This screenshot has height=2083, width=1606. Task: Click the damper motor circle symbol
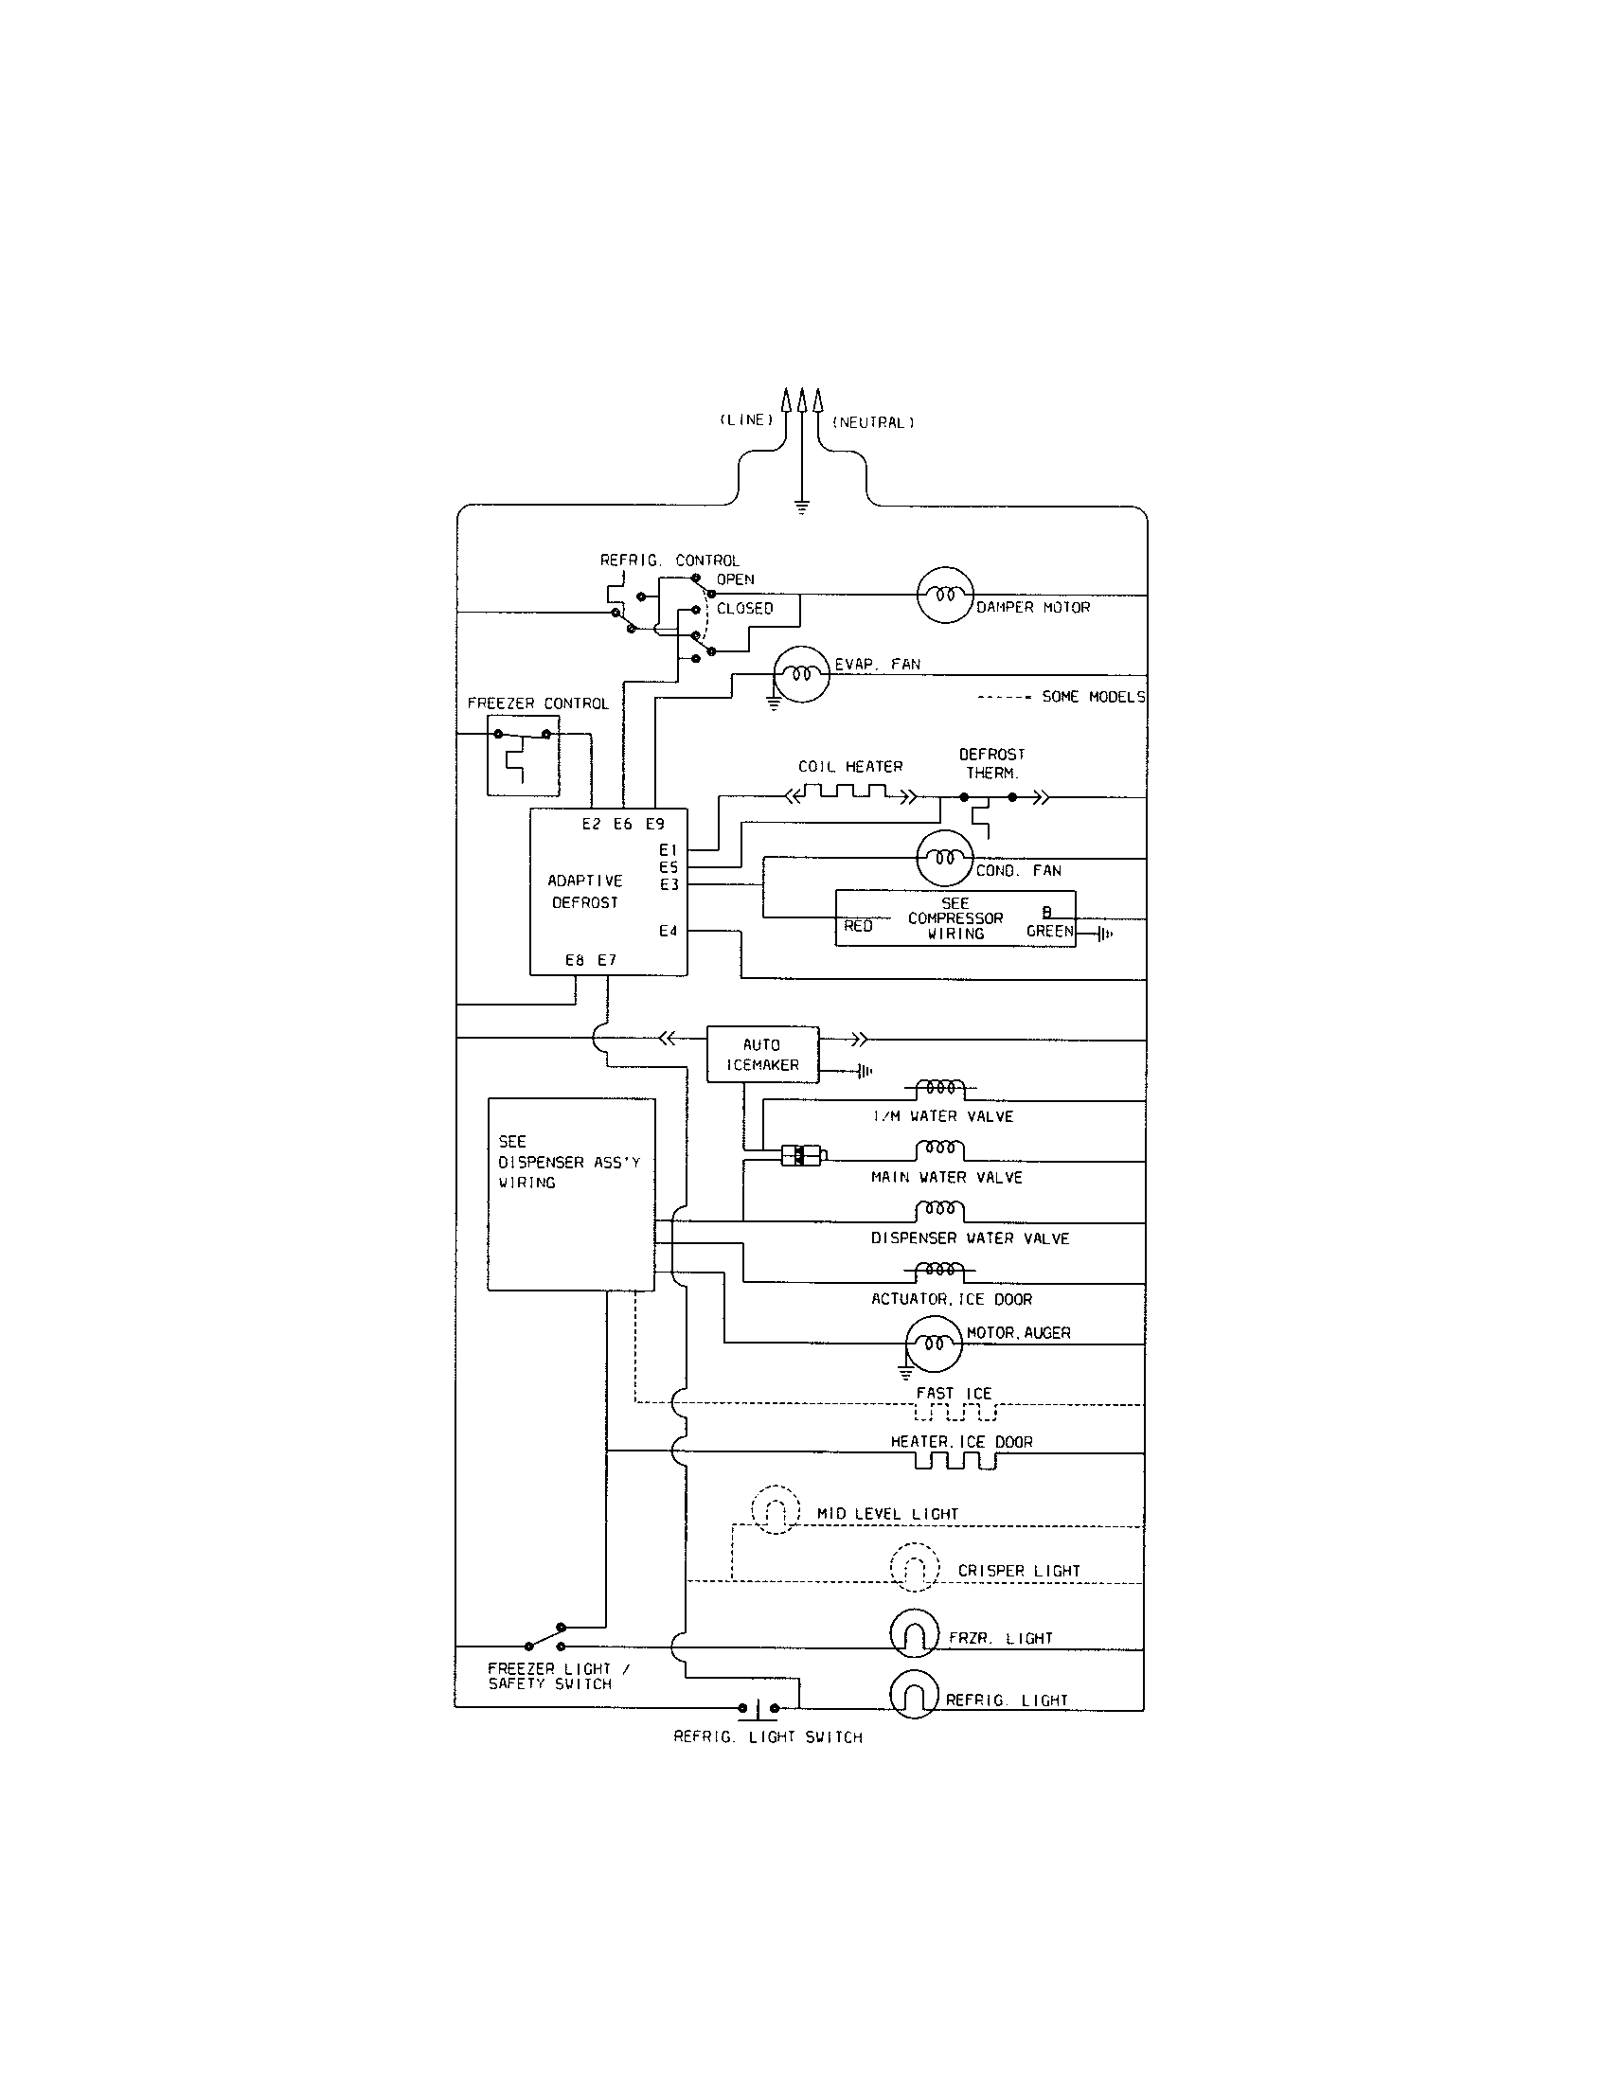click(945, 596)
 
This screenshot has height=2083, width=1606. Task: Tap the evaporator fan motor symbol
click(801, 674)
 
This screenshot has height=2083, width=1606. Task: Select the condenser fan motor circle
click(945, 859)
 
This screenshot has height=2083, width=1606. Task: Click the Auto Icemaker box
click(762, 1055)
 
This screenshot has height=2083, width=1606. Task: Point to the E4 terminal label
click(668, 931)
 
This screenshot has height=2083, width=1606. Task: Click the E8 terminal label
click(574, 960)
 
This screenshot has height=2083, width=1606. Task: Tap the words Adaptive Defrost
click(584, 891)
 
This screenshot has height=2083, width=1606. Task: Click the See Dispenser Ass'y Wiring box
click(570, 1194)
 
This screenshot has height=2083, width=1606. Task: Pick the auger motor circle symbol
click(934, 1344)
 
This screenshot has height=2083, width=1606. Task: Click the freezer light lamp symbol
click(915, 1636)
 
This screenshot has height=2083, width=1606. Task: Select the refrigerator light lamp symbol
click(915, 1697)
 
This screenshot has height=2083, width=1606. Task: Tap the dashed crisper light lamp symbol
click(914, 1568)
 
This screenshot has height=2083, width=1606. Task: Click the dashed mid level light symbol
click(776, 1510)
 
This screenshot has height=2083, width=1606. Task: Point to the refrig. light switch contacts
click(758, 1707)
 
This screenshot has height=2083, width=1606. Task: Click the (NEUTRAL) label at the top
click(873, 422)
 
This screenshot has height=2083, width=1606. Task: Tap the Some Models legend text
click(1093, 697)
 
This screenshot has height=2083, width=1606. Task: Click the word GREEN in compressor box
click(1049, 932)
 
